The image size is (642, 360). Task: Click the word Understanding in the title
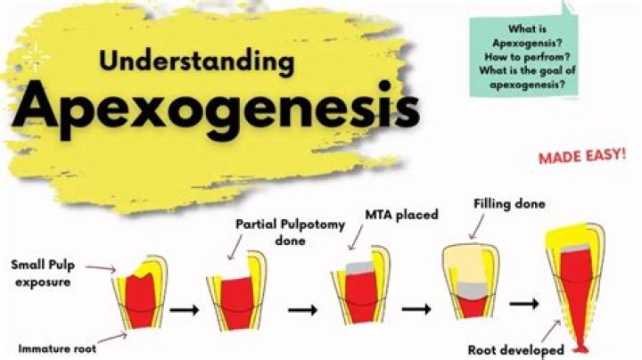pos(197,62)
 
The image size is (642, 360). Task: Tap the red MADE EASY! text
pos(580,157)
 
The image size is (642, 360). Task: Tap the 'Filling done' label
pos(509,204)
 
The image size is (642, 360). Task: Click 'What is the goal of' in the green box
pos(523,70)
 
